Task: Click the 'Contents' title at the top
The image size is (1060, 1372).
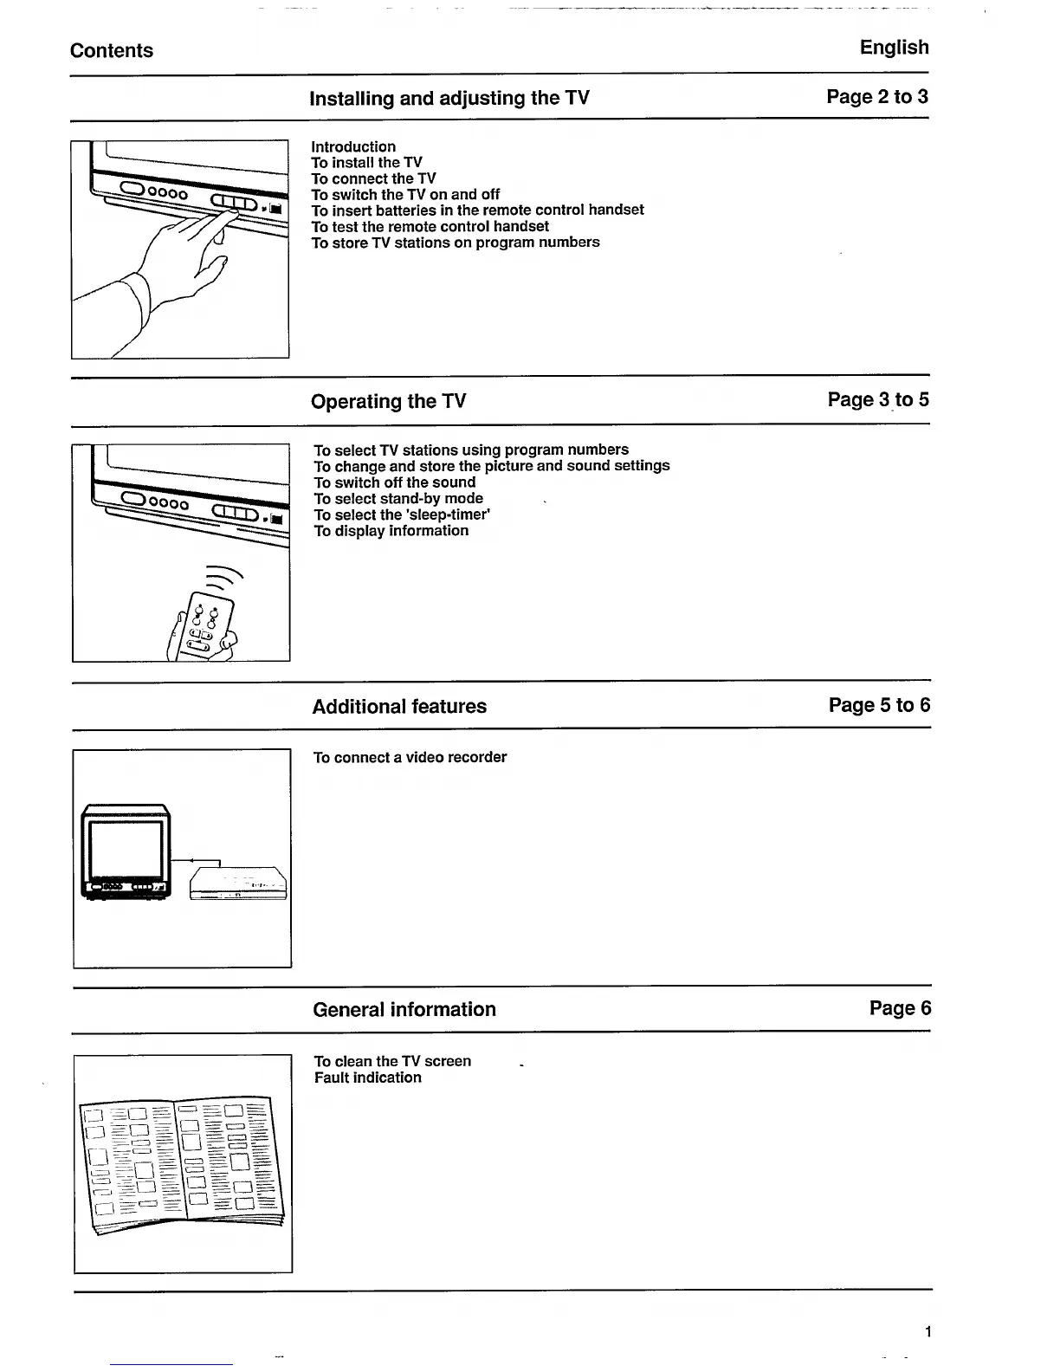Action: (112, 50)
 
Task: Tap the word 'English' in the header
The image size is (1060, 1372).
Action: (894, 48)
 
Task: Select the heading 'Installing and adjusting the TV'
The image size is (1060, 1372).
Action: (449, 98)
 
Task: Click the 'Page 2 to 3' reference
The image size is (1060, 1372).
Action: (876, 96)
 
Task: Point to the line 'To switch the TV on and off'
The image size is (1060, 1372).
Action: (405, 195)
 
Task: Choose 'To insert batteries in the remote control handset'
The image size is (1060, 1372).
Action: (477, 210)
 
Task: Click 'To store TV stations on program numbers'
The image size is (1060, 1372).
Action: (456, 243)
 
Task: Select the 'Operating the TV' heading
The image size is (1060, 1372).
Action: (388, 401)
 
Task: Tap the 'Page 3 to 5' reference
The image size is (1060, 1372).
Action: (878, 399)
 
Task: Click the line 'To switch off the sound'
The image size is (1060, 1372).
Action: (394, 482)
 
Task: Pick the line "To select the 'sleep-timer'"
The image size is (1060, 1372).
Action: (402, 514)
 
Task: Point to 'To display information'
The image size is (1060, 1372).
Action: (391, 531)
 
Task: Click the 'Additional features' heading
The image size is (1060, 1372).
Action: (399, 706)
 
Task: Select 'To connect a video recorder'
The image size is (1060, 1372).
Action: (410, 757)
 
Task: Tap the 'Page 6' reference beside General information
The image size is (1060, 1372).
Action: (900, 1008)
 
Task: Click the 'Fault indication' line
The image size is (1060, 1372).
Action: (367, 1078)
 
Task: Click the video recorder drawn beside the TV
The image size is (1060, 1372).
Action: (238, 883)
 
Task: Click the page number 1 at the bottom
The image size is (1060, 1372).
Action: (927, 1332)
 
